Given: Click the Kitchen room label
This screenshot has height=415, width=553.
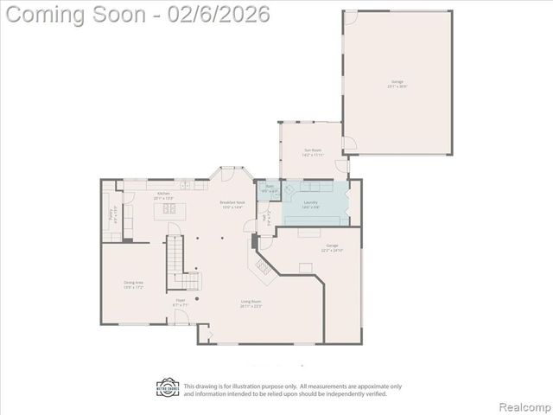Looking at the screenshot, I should coord(163,195).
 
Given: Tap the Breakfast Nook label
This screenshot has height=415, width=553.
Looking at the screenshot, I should coord(232,205).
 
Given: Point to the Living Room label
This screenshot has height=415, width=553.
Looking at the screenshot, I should coord(251,303).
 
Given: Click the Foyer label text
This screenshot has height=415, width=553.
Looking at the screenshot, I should coord(180,303).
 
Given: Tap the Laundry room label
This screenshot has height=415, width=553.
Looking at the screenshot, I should coord(311,205).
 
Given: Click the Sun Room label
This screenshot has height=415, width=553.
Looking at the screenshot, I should coord(314,153).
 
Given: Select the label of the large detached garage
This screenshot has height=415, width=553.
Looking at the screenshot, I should coord(397,84).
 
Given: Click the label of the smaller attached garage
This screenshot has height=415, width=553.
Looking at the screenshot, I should coord(333,248).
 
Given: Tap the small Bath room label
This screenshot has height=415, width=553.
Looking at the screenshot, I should coord(270,188).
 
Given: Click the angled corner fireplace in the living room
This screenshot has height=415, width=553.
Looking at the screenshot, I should coord(261,266).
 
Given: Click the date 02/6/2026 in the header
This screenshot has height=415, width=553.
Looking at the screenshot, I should coord(219,15).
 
